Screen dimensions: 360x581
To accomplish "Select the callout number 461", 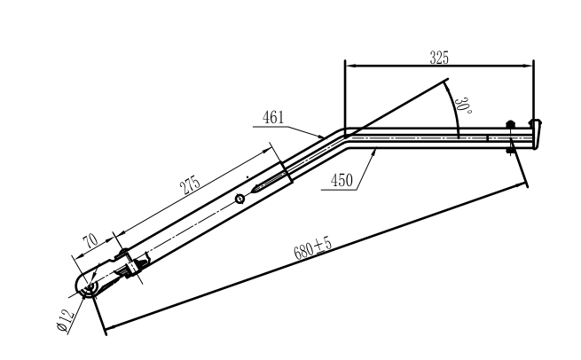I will (274, 116).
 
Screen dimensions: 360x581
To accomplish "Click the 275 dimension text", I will (190, 187).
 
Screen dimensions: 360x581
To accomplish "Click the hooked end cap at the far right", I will (536, 133).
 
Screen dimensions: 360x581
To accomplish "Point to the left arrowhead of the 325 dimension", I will (349, 65).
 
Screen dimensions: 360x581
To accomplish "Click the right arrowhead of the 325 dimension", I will (530, 65).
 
